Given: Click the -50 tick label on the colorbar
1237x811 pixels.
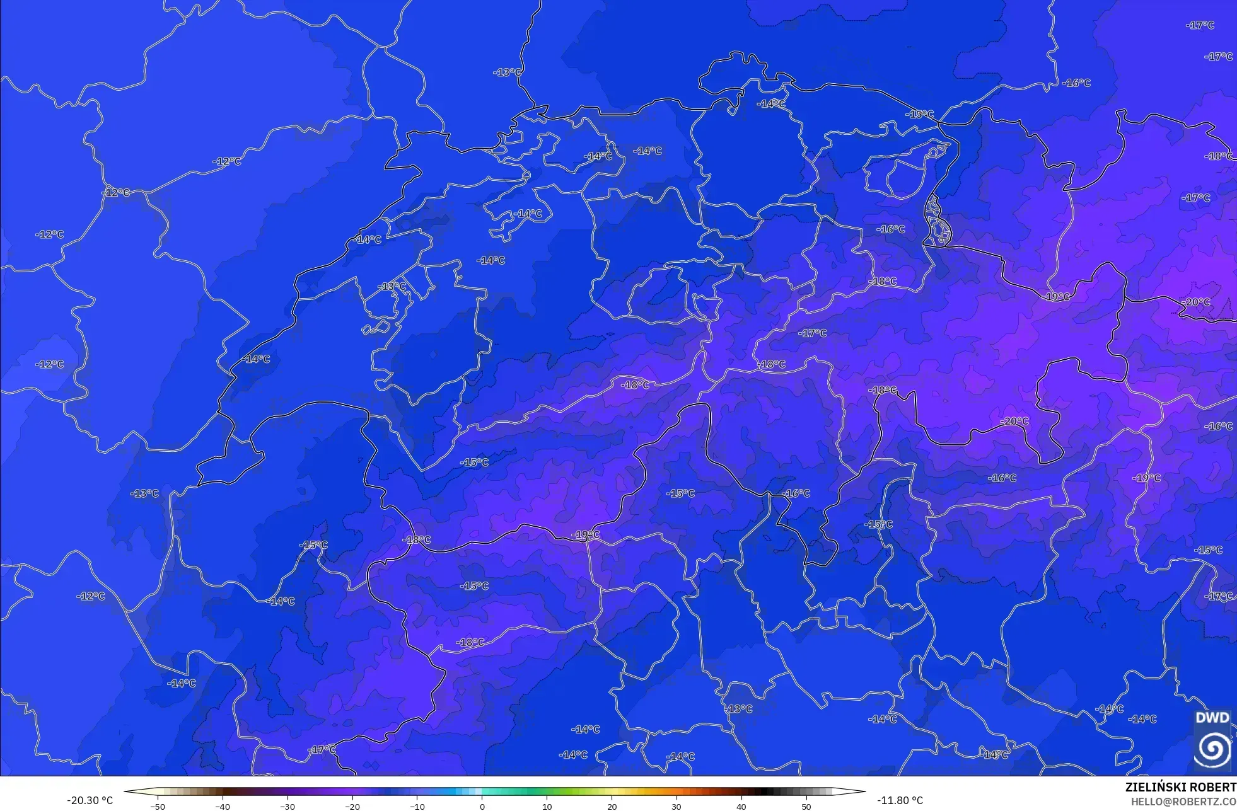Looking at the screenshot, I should pos(158,806).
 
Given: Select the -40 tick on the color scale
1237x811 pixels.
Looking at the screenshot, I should pos(222,806).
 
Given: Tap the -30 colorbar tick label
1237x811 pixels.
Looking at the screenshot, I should pos(287,806).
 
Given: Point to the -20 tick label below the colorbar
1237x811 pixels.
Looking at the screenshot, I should pos(352,806).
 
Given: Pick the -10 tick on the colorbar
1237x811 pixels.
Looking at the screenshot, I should pos(417,806).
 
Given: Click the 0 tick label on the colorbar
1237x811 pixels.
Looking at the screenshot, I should pos(482,806).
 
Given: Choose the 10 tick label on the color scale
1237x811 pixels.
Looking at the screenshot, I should pos(547,806).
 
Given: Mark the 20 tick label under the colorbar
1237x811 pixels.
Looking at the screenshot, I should pos(612,806).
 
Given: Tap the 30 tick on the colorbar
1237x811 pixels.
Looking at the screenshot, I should pos(677,806).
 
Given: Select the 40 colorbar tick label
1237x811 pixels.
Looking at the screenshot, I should pos(741,806).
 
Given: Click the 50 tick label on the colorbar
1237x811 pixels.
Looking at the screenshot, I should pos(806,806).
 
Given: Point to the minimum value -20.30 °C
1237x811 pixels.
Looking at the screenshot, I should pos(90,800).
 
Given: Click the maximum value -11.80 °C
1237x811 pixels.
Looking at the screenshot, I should pos(900,800).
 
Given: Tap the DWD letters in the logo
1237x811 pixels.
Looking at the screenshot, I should pos(1212,718).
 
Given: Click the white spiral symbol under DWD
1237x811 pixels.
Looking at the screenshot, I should pos(1212,748).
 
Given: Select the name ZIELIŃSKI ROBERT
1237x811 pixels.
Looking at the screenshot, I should pos(1180,787).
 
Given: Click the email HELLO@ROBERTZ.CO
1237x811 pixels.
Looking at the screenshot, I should pos(1183,802).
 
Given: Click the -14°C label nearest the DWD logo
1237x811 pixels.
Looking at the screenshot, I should pos(1142,719).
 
